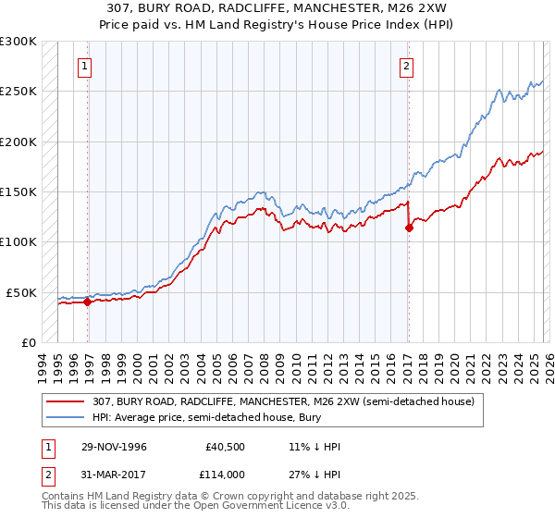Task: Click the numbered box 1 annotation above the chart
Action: click(85, 66)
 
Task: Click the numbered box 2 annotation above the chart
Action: click(406, 66)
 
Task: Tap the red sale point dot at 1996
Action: click(88, 301)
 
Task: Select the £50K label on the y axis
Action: click(21, 292)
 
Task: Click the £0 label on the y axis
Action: click(28, 342)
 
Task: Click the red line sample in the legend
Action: click(68, 401)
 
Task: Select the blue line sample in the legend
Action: click(68, 417)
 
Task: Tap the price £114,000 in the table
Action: click(228, 474)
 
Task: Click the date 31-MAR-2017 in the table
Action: click(111, 474)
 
